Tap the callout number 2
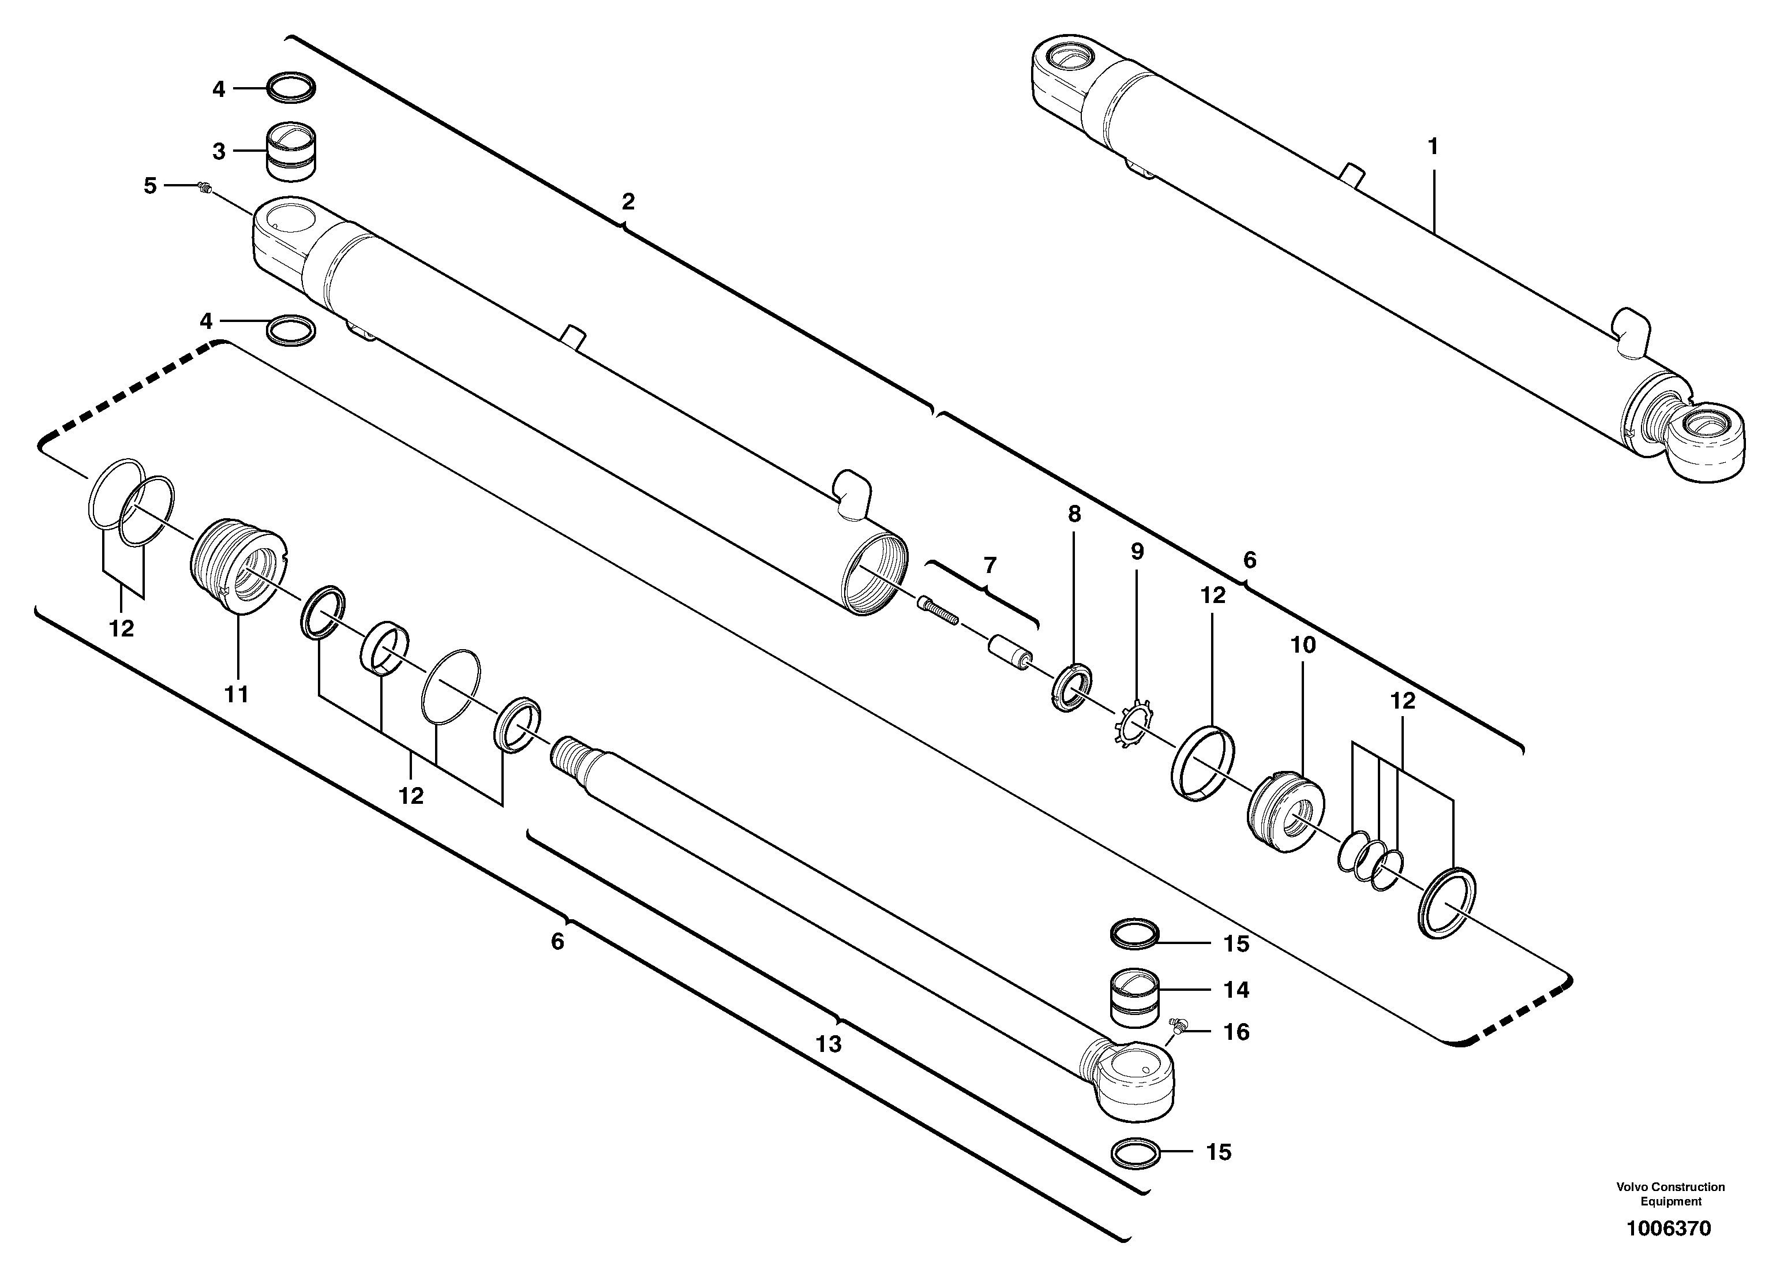click(628, 202)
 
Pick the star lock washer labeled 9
click(1131, 724)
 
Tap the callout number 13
click(829, 1044)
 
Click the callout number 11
click(236, 694)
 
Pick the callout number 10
click(1303, 645)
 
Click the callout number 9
click(1137, 551)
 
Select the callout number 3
click(219, 152)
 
